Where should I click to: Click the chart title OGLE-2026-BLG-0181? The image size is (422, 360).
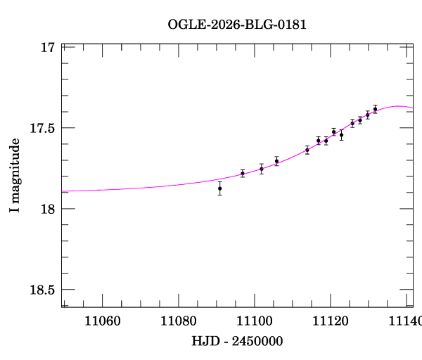click(237, 24)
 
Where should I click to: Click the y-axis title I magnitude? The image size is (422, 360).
click(14, 176)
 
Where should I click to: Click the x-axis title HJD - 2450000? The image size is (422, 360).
click(237, 341)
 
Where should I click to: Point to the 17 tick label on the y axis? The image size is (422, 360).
click(48, 48)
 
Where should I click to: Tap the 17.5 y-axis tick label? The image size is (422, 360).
click(42, 129)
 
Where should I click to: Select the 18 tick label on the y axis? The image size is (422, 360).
click(48, 209)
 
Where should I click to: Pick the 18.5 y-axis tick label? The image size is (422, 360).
click(42, 290)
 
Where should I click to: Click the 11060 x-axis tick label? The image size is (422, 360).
click(103, 322)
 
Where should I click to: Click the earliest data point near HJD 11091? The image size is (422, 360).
click(220, 188)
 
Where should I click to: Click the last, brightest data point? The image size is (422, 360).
click(375, 109)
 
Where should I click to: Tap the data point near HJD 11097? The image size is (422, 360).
click(243, 173)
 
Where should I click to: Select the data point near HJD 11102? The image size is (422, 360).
click(262, 169)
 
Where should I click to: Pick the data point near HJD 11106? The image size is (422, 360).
click(276, 161)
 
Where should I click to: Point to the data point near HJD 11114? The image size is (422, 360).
click(307, 150)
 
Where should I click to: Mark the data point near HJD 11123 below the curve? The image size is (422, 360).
click(341, 134)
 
